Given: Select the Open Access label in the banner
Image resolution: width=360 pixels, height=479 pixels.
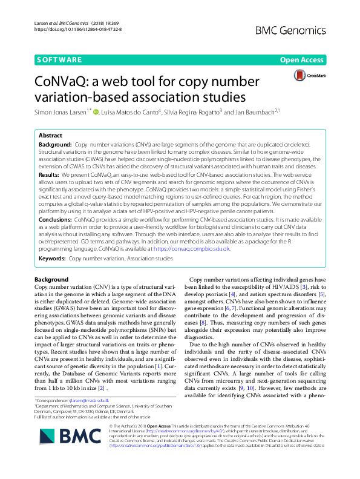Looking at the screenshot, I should tap(301, 60).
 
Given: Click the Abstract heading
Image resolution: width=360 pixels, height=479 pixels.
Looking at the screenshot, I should tap(50, 136).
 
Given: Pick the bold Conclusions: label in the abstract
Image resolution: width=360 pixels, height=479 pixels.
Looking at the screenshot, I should tap(56, 219).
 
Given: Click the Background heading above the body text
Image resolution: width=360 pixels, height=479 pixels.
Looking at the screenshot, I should tap(51, 279).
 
